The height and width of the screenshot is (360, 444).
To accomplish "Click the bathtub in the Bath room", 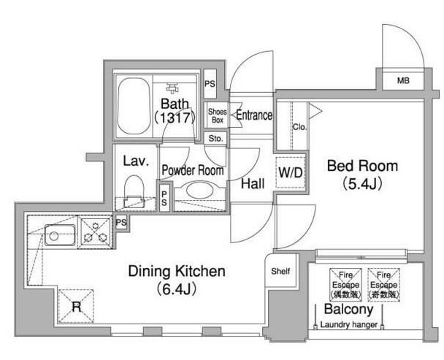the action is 134,106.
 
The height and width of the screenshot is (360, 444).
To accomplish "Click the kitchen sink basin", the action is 60,235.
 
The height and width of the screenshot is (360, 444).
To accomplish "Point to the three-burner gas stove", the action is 96,233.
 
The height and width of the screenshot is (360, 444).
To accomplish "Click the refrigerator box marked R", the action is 76,306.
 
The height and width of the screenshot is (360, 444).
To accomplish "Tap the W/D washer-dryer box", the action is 291,172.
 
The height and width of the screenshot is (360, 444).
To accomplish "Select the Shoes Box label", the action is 218,115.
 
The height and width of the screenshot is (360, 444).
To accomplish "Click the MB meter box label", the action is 403,81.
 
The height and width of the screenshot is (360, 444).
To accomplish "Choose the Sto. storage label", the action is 215,139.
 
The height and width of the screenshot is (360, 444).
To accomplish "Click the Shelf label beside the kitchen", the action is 280,272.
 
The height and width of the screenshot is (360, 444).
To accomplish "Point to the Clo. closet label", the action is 299,127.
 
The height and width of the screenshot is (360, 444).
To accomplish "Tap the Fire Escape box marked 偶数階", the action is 345,285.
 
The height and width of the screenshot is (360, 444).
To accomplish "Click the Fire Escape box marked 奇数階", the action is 383,285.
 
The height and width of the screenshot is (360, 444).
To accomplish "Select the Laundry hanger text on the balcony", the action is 349,325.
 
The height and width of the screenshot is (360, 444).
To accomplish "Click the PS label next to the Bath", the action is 210,84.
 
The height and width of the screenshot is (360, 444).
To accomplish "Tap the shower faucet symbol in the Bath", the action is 173,88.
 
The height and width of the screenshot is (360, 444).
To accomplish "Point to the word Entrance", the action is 254,115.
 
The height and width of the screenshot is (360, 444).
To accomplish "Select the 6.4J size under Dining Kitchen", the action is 176,289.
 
